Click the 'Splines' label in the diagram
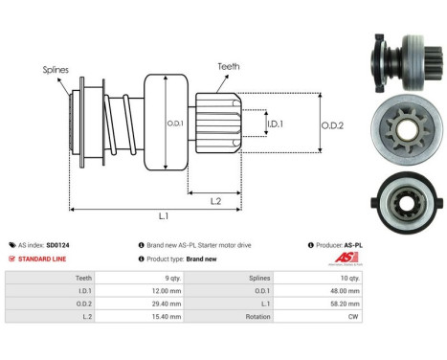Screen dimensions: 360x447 click(x=56, y=70)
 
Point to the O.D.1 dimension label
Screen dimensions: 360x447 click(x=175, y=124)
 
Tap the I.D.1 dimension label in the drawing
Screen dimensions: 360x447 click(x=274, y=124)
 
